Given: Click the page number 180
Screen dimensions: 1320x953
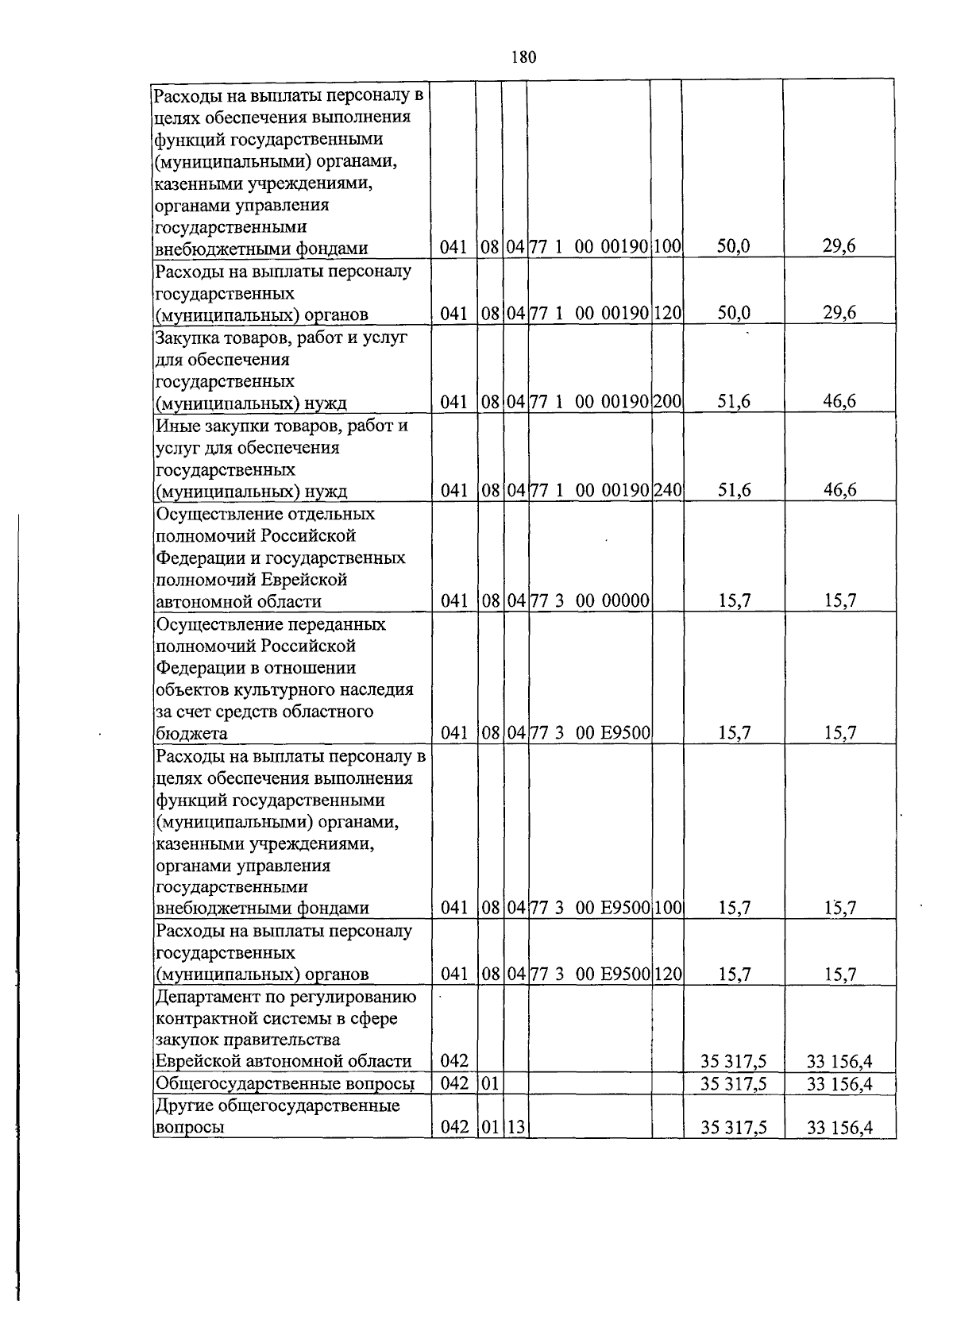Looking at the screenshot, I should pyautogui.click(x=523, y=57).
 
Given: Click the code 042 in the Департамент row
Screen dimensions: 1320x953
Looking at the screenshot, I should pyautogui.click(x=453, y=1061).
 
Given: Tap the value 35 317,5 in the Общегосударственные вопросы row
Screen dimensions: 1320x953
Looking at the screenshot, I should pyautogui.click(x=733, y=1084).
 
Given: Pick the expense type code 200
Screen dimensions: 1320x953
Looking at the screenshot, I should pyautogui.click(x=667, y=402).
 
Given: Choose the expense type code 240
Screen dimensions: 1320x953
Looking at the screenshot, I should pyautogui.click(x=667, y=490).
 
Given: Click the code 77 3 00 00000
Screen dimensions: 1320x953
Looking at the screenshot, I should pyautogui.click(x=589, y=600).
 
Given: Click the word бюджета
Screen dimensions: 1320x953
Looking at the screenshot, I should pyautogui.click(x=191, y=733).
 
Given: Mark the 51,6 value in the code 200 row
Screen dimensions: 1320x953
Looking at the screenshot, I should pyautogui.click(x=733, y=402).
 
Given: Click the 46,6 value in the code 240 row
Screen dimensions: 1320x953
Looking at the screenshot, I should pyautogui.click(x=839, y=490).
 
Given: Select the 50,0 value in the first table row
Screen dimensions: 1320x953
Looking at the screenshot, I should pyautogui.click(x=733, y=247).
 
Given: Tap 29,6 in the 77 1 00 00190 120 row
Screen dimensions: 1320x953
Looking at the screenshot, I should pyautogui.click(x=839, y=313).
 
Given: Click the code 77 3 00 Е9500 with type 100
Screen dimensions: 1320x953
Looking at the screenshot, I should pyautogui.click(x=589, y=908).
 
